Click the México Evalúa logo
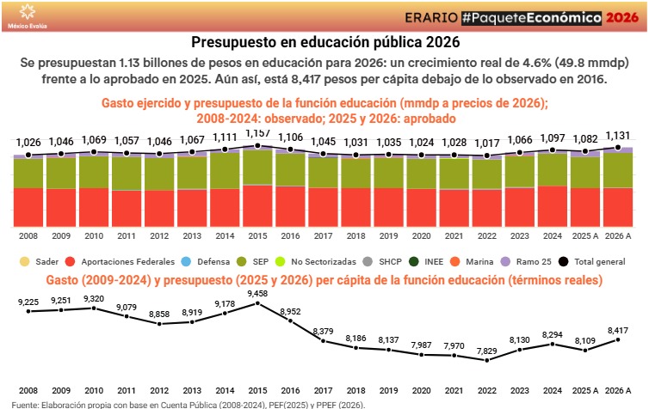point(27,15)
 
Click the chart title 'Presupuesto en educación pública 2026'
point(324,41)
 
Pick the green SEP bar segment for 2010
point(94,172)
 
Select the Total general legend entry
point(594,260)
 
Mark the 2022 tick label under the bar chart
point(486,235)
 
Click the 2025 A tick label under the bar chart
point(585,235)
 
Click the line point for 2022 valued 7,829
point(486,360)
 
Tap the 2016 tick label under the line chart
point(291,390)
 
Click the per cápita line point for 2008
point(28,311)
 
